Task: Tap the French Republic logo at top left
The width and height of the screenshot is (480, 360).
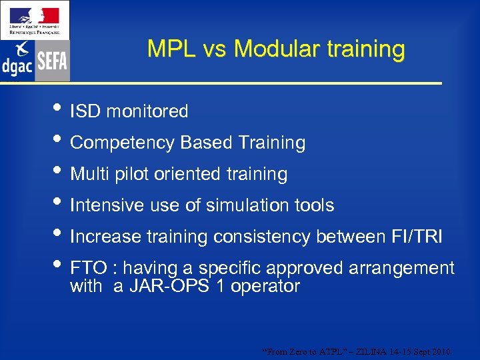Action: coord(34,19)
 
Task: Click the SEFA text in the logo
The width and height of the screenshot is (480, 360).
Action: coord(52,62)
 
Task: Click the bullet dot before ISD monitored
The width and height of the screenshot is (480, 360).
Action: coord(59,109)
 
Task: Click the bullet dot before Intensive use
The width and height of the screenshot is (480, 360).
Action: coord(59,203)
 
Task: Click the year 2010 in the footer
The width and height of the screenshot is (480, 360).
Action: coord(441,351)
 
